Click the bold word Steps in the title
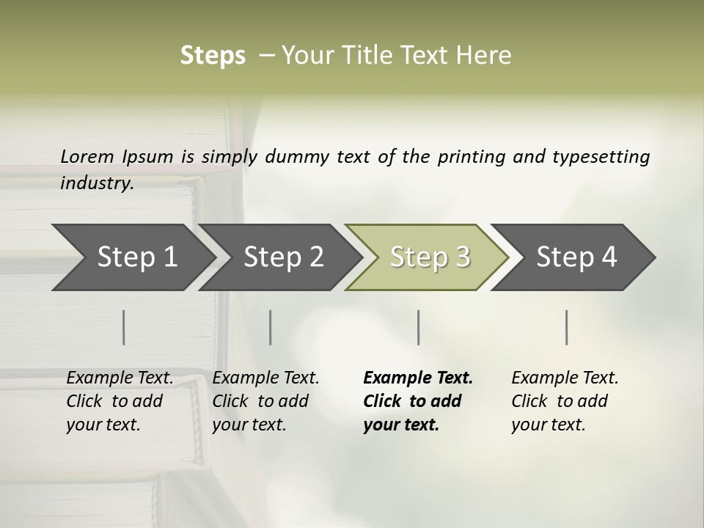point(213,56)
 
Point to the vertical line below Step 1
point(123,327)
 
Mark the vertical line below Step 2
point(271,327)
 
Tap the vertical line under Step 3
point(418,327)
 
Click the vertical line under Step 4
point(566,327)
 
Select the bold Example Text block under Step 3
point(417,401)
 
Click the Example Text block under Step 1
point(120,401)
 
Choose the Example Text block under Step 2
point(265,401)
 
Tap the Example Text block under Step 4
point(565,401)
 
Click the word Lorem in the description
point(87,157)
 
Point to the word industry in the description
point(96,183)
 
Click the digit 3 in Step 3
point(462,257)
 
